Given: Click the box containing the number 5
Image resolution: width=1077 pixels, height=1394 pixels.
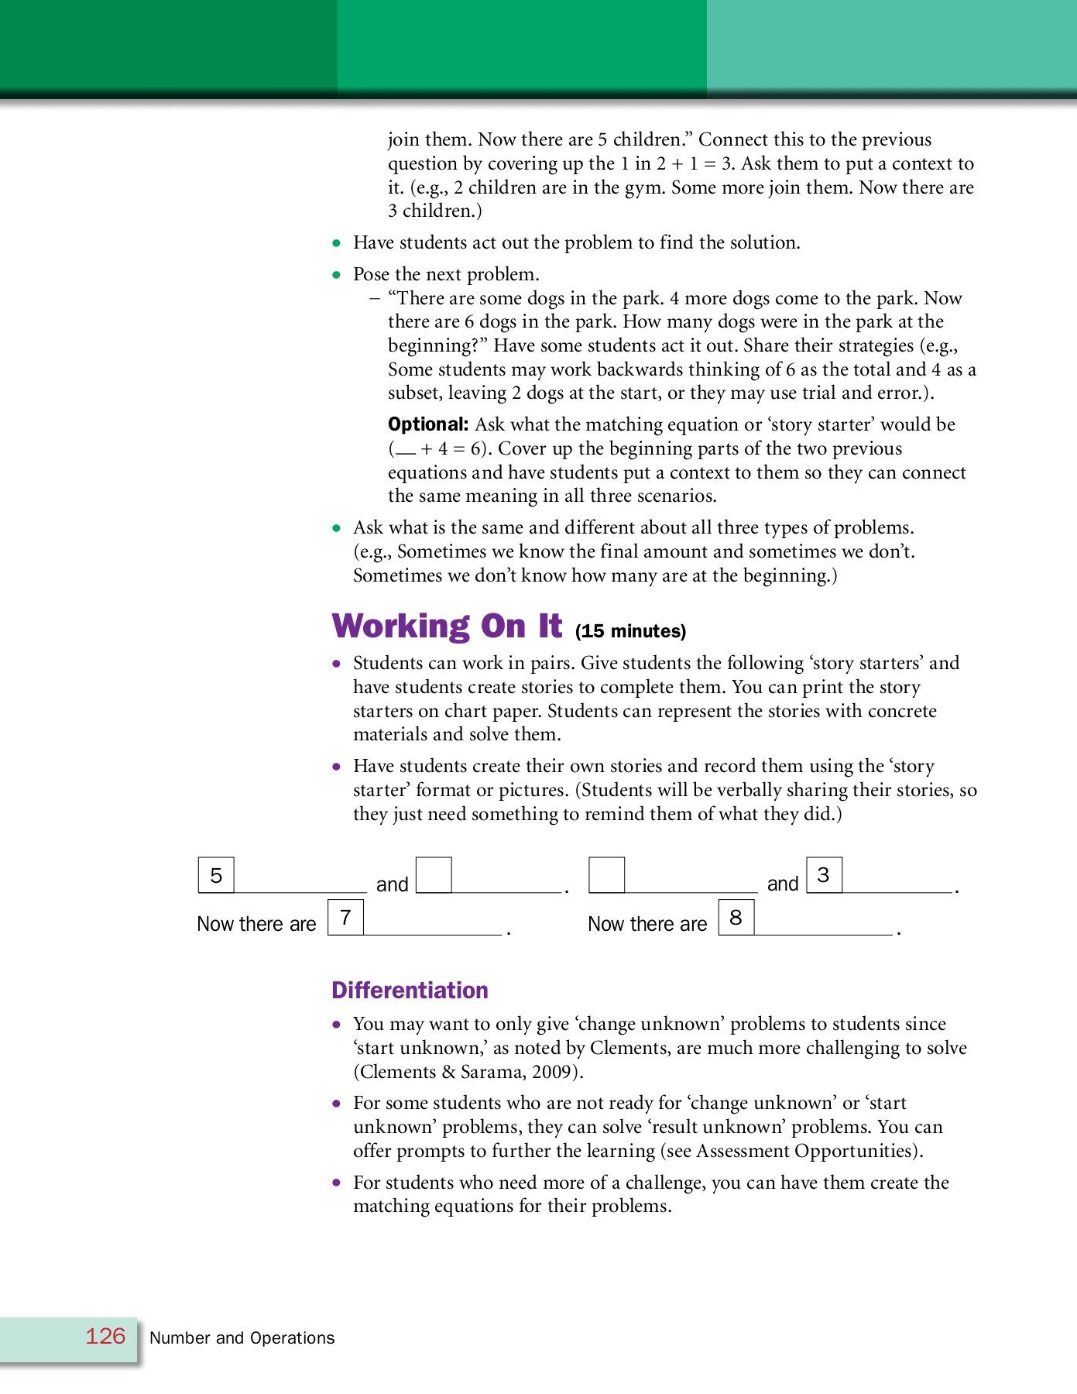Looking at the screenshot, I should click(x=216, y=875).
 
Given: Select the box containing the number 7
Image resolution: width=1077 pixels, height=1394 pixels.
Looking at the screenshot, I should click(x=345, y=917).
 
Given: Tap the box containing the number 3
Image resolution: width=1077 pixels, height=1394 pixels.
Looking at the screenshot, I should click(x=824, y=875).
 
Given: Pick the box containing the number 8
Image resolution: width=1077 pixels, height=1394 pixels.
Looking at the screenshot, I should click(x=736, y=917).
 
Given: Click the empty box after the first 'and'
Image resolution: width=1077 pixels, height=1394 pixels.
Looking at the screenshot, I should click(x=434, y=875).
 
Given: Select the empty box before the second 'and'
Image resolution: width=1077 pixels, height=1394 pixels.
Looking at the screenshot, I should click(x=606, y=875).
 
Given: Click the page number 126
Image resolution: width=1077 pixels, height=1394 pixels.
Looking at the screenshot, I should click(x=105, y=1336).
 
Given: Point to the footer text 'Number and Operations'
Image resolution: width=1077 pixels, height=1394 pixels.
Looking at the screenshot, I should click(x=242, y=1337).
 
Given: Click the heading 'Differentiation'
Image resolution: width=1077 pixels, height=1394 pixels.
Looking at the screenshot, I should click(x=410, y=990).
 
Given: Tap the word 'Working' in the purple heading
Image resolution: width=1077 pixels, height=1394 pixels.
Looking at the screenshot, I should click(x=400, y=626).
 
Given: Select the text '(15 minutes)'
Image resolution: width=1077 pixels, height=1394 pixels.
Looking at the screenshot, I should click(x=630, y=631).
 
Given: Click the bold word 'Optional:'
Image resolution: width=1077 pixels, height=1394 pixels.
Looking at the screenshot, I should click(x=427, y=424).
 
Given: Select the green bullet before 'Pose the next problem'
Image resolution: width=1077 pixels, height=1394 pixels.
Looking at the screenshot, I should click(x=336, y=274).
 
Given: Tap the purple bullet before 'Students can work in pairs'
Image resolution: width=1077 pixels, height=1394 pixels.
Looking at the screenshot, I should click(x=336, y=664).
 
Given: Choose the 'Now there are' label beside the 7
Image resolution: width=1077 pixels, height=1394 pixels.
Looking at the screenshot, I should click(x=256, y=924).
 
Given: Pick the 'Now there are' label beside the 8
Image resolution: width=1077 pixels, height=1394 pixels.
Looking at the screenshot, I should click(x=647, y=924).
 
